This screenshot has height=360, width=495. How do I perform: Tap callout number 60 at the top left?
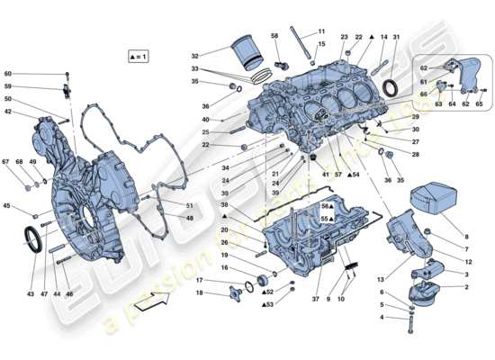pos(8,74)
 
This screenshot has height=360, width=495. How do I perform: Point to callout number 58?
pos(274,37)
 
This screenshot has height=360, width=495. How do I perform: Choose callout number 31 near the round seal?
pos(395,37)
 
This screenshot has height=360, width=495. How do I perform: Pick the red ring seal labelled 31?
pos(389,86)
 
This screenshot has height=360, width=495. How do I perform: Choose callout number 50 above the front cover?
pos(8,99)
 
